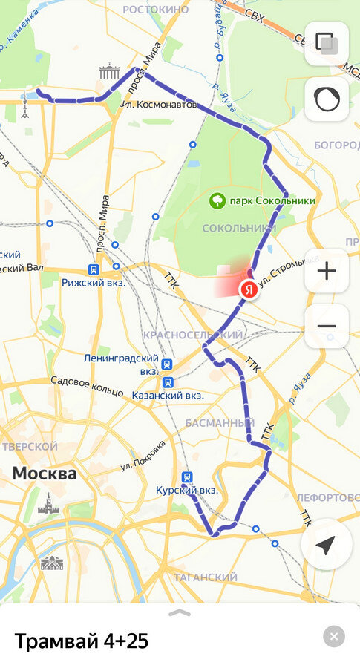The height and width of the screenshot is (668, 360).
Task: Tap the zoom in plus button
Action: tap(327, 270)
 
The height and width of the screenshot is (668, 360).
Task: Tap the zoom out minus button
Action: tap(327, 326)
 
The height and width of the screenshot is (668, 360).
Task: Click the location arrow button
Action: tap(325, 546)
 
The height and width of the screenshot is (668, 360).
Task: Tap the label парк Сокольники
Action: tap(272, 200)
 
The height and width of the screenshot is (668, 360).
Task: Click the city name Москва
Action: tap(44, 473)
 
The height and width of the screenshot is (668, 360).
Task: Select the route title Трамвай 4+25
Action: tap(81, 641)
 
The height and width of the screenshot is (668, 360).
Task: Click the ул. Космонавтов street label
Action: tap(160, 105)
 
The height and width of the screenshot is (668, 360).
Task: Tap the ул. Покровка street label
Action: tap(143, 458)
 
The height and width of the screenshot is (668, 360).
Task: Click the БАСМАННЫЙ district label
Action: tap(220, 423)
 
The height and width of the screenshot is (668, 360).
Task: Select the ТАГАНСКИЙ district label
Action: tap(205, 577)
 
